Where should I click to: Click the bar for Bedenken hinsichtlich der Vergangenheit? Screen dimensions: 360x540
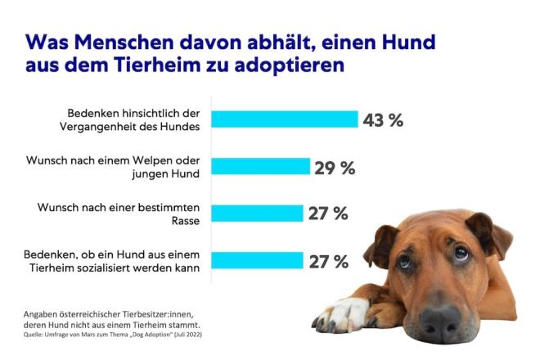click(285, 119)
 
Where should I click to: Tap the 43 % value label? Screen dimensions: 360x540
click(384, 119)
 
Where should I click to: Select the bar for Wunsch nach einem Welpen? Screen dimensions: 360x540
click(261, 167)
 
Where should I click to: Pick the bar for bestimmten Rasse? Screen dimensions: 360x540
click(257, 214)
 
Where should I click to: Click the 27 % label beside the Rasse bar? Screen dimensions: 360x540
click(328, 214)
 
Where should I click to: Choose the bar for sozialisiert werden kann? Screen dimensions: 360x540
click(257, 262)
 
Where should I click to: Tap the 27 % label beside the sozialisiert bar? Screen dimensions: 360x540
click(328, 262)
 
